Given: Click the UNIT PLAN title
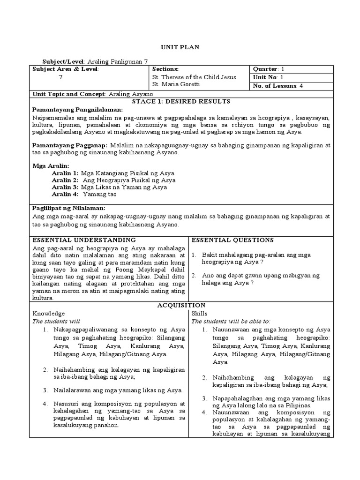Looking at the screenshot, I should (x=180, y=47).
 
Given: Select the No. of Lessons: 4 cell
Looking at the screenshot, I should (x=278, y=85).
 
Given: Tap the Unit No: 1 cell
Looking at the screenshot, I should (x=268, y=77).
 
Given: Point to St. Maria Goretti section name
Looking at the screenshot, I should (x=175, y=85).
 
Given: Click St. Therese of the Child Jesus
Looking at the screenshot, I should (x=194, y=77).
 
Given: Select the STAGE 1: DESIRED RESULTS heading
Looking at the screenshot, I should (x=180, y=101).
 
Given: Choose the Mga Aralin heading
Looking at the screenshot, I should (x=51, y=165).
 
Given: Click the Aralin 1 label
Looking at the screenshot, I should (x=65, y=173).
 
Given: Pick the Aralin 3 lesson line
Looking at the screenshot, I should (x=109, y=187).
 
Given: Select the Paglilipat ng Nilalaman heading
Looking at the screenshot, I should (x=69, y=208).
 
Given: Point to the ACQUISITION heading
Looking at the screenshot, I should (x=180, y=305).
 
